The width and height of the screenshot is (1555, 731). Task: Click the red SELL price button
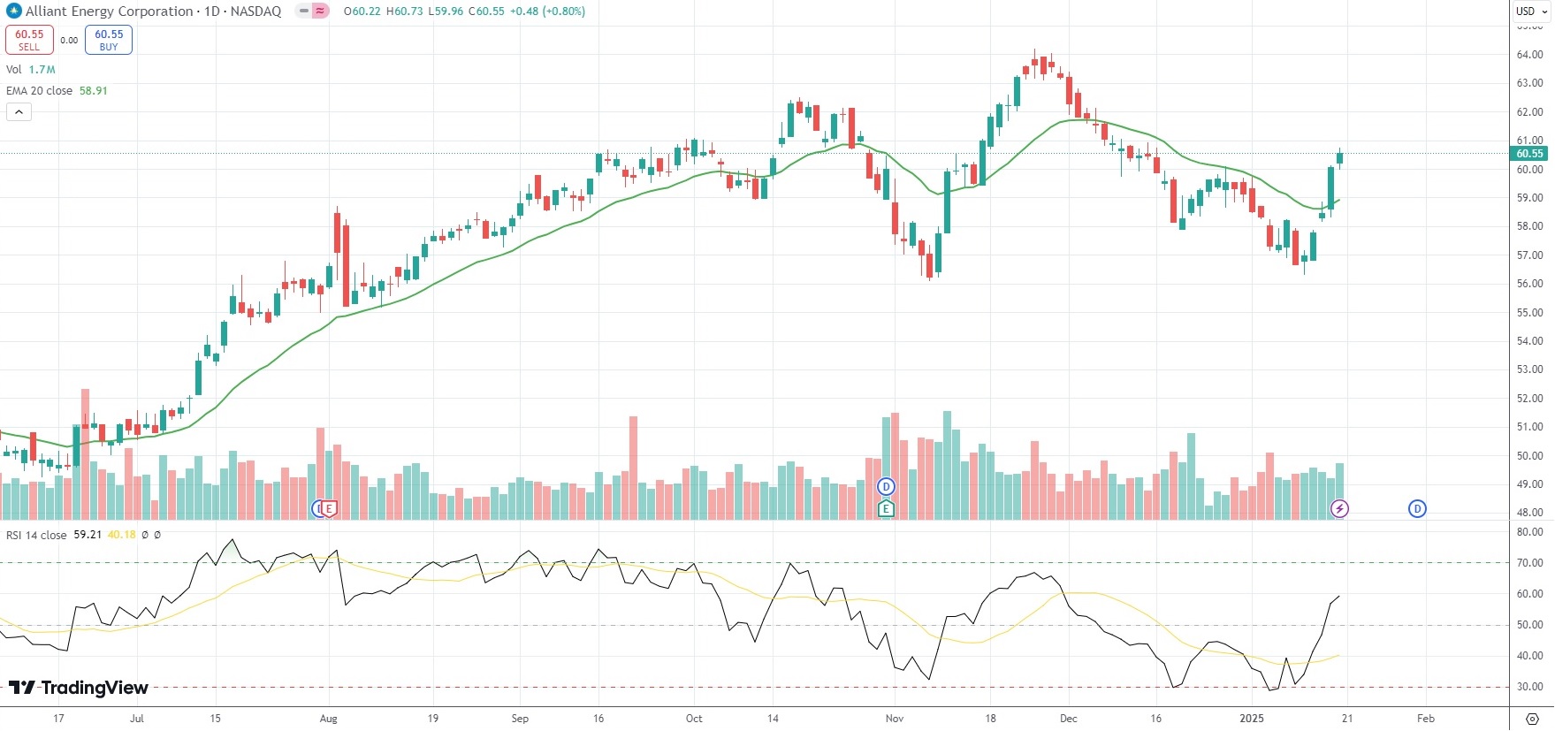coord(29,40)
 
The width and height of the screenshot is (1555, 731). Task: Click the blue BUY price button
coord(109,40)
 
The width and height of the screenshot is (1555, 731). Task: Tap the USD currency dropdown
coord(1531,11)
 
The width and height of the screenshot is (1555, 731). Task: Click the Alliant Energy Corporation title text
coord(109,11)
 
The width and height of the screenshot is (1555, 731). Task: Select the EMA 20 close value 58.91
coord(93,91)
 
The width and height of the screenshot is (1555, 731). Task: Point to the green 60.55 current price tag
coord(1529,154)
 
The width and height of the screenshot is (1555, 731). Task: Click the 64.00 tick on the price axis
coord(1529,55)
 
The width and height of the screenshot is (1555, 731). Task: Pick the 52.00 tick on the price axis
coord(1529,399)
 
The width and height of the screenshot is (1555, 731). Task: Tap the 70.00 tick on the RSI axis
coord(1529,563)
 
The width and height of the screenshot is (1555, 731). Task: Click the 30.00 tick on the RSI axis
coord(1529,687)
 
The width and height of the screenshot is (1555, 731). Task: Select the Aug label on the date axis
coord(328,719)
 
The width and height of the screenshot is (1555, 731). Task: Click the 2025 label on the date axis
coord(1252,719)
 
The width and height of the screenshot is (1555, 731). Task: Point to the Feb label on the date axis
coord(1425,719)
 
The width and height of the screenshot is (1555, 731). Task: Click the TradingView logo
coord(79,688)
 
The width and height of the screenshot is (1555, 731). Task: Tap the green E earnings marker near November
coord(886,508)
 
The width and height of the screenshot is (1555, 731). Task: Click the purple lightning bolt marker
coord(1339,508)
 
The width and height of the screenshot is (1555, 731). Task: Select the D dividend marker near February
coord(1417,508)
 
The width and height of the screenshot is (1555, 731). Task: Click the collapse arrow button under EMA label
coord(19,112)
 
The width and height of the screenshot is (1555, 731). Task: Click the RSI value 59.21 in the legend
coord(88,535)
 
